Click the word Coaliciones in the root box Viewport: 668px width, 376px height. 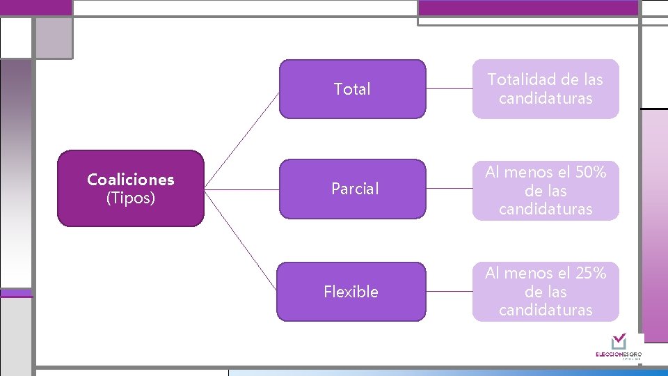click(x=131, y=180)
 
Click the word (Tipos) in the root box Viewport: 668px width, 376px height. click(x=131, y=198)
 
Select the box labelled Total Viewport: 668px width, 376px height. click(x=352, y=89)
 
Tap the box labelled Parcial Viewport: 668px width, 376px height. click(x=355, y=189)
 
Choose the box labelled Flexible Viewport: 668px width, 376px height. click(x=351, y=292)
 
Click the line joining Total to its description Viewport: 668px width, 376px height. click(x=449, y=89)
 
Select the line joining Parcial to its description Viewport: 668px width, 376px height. click(x=449, y=189)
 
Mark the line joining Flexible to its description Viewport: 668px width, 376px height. click(x=449, y=292)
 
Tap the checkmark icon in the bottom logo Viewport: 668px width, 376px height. click(x=619, y=341)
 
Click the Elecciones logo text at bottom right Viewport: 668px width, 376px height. click(x=618, y=354)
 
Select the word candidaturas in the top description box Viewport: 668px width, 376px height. click(x=546, y=98)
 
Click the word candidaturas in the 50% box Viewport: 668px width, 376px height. click(x=546, y=208)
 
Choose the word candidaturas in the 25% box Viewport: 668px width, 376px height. click(x=546, y=310)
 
